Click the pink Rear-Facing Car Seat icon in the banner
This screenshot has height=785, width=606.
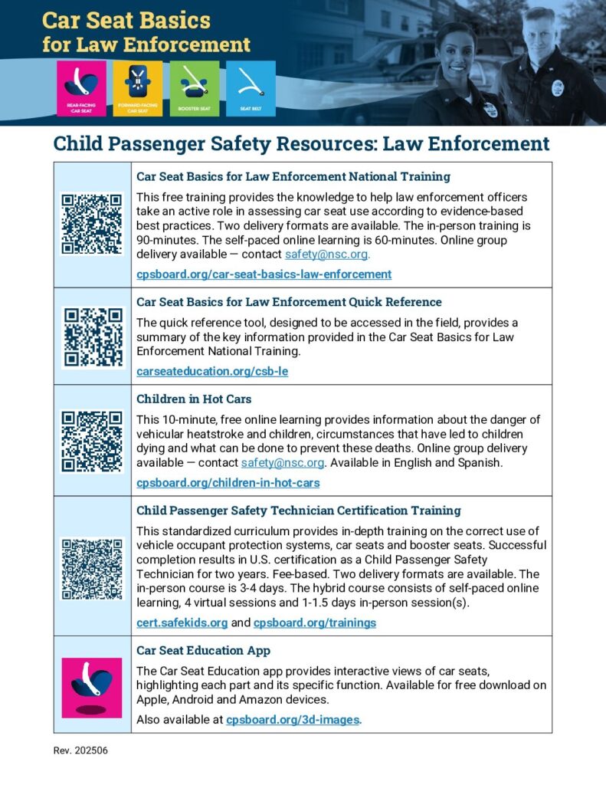(x=80, y=88)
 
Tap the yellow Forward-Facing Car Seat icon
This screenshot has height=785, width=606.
(x=137, y=88)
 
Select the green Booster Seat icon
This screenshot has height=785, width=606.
(x=194, y=88)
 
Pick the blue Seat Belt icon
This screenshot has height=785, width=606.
(x=251, y=88)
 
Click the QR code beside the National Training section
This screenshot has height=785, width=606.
(x=92, y=224)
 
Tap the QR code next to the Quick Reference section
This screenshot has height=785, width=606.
(x=92, y=337)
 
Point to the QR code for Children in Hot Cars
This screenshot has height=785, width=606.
(x=92, y=441)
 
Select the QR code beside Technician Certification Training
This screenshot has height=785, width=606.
(x=92, y=567)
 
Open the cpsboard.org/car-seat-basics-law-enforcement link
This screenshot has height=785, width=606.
(x=264, y=274)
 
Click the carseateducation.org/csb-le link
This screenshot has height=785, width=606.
(x=212, y=371)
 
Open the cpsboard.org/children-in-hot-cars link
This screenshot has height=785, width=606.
(x=228, y=483)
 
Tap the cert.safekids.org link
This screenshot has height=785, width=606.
(x=182, y=622)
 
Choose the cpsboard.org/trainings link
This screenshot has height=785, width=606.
(x=314, y=622)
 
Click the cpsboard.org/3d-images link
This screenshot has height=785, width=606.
(x=293, y=720)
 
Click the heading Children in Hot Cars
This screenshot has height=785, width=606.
(x=194, y=399)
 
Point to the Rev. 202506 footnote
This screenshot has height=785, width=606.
(x=80, y=751)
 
